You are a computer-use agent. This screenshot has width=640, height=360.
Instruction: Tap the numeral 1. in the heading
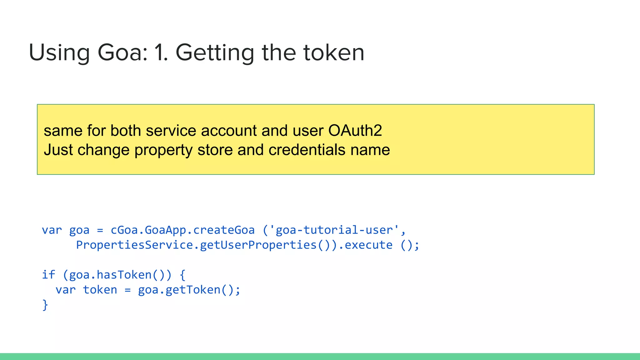(161, 52)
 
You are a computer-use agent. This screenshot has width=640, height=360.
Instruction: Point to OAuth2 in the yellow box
(355, 131)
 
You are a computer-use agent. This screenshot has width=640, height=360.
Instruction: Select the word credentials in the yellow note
(307, 150)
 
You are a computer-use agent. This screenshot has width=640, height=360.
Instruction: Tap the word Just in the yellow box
(58, 150)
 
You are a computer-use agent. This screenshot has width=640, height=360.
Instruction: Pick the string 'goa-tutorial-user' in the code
(334, 230)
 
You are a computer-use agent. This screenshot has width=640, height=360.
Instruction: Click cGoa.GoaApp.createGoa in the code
(182, 230)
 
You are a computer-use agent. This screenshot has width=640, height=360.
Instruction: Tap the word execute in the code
(368, 245)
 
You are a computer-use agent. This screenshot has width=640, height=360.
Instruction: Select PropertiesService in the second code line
(134, 245)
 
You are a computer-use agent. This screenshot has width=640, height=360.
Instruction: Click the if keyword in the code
(48, 275)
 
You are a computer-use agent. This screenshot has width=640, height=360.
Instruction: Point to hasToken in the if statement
(124, 275)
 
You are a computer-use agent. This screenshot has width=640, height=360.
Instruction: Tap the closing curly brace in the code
(45, 305)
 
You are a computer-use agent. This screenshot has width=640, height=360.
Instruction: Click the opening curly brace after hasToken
(182, 275)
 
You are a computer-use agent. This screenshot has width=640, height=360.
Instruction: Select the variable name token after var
(100, 290)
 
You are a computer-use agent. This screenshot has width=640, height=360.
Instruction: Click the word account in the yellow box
(228, 131)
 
